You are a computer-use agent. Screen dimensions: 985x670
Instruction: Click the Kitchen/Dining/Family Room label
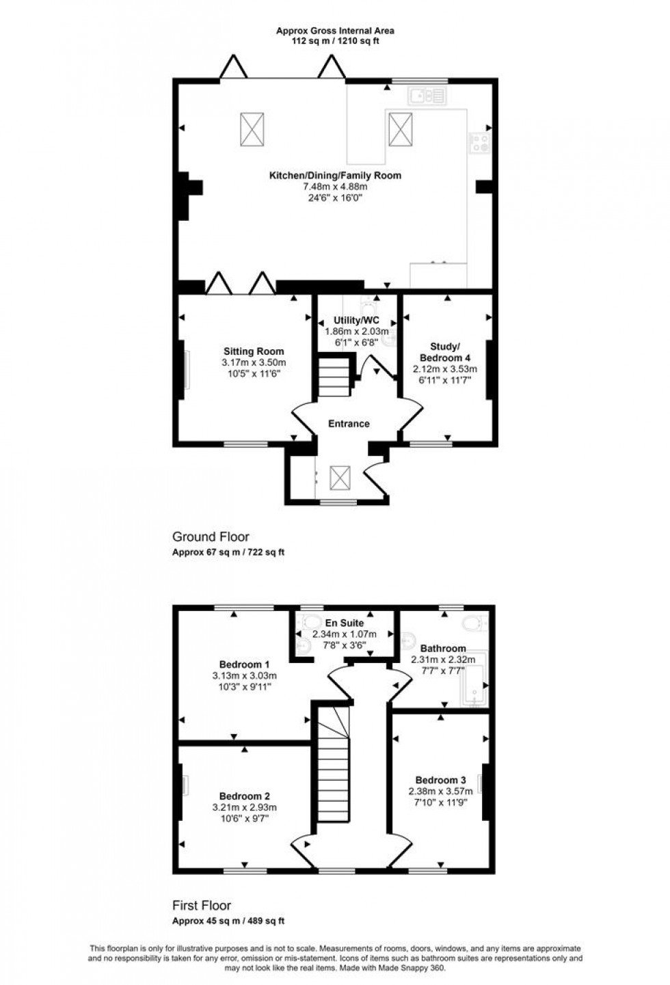tap(334, 176)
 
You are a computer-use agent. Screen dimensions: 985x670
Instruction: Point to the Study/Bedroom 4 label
tap(444, 351)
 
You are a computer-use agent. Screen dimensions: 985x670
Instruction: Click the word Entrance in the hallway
tap(349, 424)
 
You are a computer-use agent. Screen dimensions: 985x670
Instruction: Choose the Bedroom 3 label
tap(440, 780)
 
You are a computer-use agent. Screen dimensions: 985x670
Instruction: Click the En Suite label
tap(344, 623)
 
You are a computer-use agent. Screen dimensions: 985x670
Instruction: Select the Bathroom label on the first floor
tap(442, 648)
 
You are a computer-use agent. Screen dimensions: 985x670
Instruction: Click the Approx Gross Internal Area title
tap(335, 31)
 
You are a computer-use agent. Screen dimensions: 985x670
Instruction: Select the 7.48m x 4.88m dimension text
tap(334, 187)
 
